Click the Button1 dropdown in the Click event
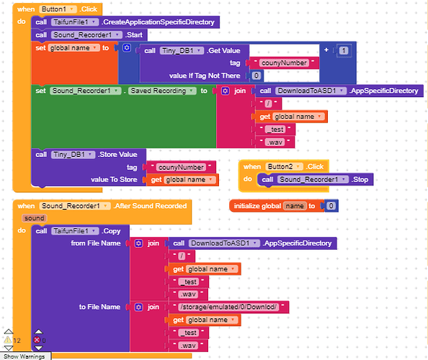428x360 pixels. (x=58, y=9)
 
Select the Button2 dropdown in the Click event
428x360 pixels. (x=284, y=166)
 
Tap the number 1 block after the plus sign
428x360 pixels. (x=344, y=50)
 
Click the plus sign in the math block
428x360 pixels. (x=326, y=50)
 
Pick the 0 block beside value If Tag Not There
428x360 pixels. (x=256, y=76)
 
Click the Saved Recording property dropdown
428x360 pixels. (x=162, y=91)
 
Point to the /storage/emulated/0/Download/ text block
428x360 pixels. (x=228, y=307)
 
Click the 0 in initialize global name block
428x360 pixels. (x=331, y=206)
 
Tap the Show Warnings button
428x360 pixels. (x=24, y=356)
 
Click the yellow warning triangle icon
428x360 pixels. (x=8, y=340)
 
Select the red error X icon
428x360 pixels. (x=37, y=340)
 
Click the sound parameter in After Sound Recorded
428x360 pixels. (x=34, y=218)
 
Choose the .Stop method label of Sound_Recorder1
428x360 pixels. (x=360, y=179)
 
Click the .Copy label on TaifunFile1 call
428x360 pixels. (x=111, y=231)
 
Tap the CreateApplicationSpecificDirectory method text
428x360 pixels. (x=159, y=22)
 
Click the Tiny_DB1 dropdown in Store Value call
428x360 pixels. (x=73, y=155)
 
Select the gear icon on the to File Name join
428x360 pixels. (x=138, y=307)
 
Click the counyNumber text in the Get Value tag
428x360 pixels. (x=284, y=63)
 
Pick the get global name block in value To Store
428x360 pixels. (x=182, y=180)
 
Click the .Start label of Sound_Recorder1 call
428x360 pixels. (x=134, y=35)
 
